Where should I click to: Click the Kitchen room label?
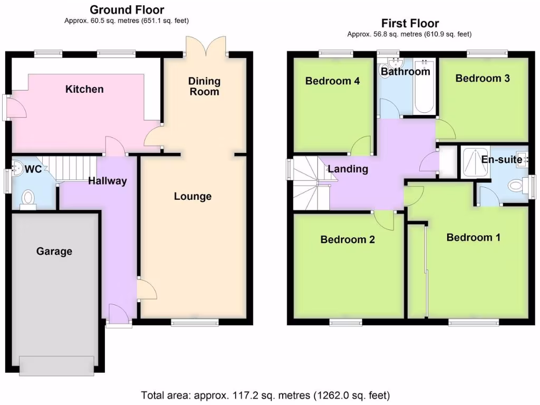click(84, 89)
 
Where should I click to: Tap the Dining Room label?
click(204, 86)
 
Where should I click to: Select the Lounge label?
click(192, 197)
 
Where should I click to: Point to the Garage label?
click(54, 252)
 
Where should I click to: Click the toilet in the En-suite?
click(517, 186)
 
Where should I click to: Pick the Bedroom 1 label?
click(473, 238)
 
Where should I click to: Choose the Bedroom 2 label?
click(348, 239)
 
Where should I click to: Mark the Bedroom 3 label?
click(483, 79)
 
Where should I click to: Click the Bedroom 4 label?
click(333, 81)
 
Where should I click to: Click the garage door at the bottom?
click(57, 364)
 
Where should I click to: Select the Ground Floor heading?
click(127, 10)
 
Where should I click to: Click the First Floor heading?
click(410, 23)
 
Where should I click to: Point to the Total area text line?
click(265, 394)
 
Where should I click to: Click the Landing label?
click(348, 169)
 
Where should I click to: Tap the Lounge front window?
click(195, 323)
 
